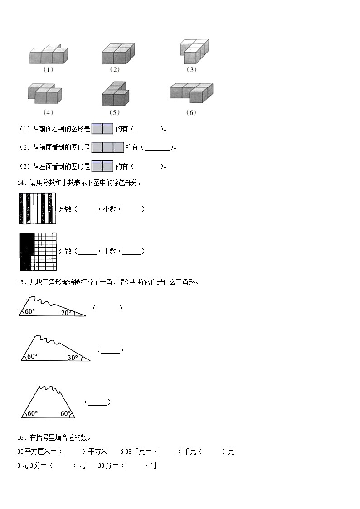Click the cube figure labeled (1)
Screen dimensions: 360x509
(49, 54)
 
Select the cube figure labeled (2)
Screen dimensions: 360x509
(118, 53)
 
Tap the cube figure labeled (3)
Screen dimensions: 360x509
(195, 51)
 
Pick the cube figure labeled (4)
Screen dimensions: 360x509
(45, 93)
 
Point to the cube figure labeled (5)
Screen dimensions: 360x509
(115, 93)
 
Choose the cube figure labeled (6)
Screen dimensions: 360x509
(191, 93)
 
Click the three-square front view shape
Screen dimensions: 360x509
(108, 147)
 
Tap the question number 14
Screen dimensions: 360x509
(21, 183)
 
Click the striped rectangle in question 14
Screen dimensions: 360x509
(38, 208)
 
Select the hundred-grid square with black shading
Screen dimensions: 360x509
(38, 252)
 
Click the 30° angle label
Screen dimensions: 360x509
(73, 358)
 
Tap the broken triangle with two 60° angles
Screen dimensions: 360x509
(49, 402)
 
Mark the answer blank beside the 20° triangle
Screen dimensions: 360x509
(107, 308)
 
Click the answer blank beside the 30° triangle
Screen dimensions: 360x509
(110, 350)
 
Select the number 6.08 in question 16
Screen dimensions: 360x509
(126, 451)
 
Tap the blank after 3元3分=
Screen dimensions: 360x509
(63, 466)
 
